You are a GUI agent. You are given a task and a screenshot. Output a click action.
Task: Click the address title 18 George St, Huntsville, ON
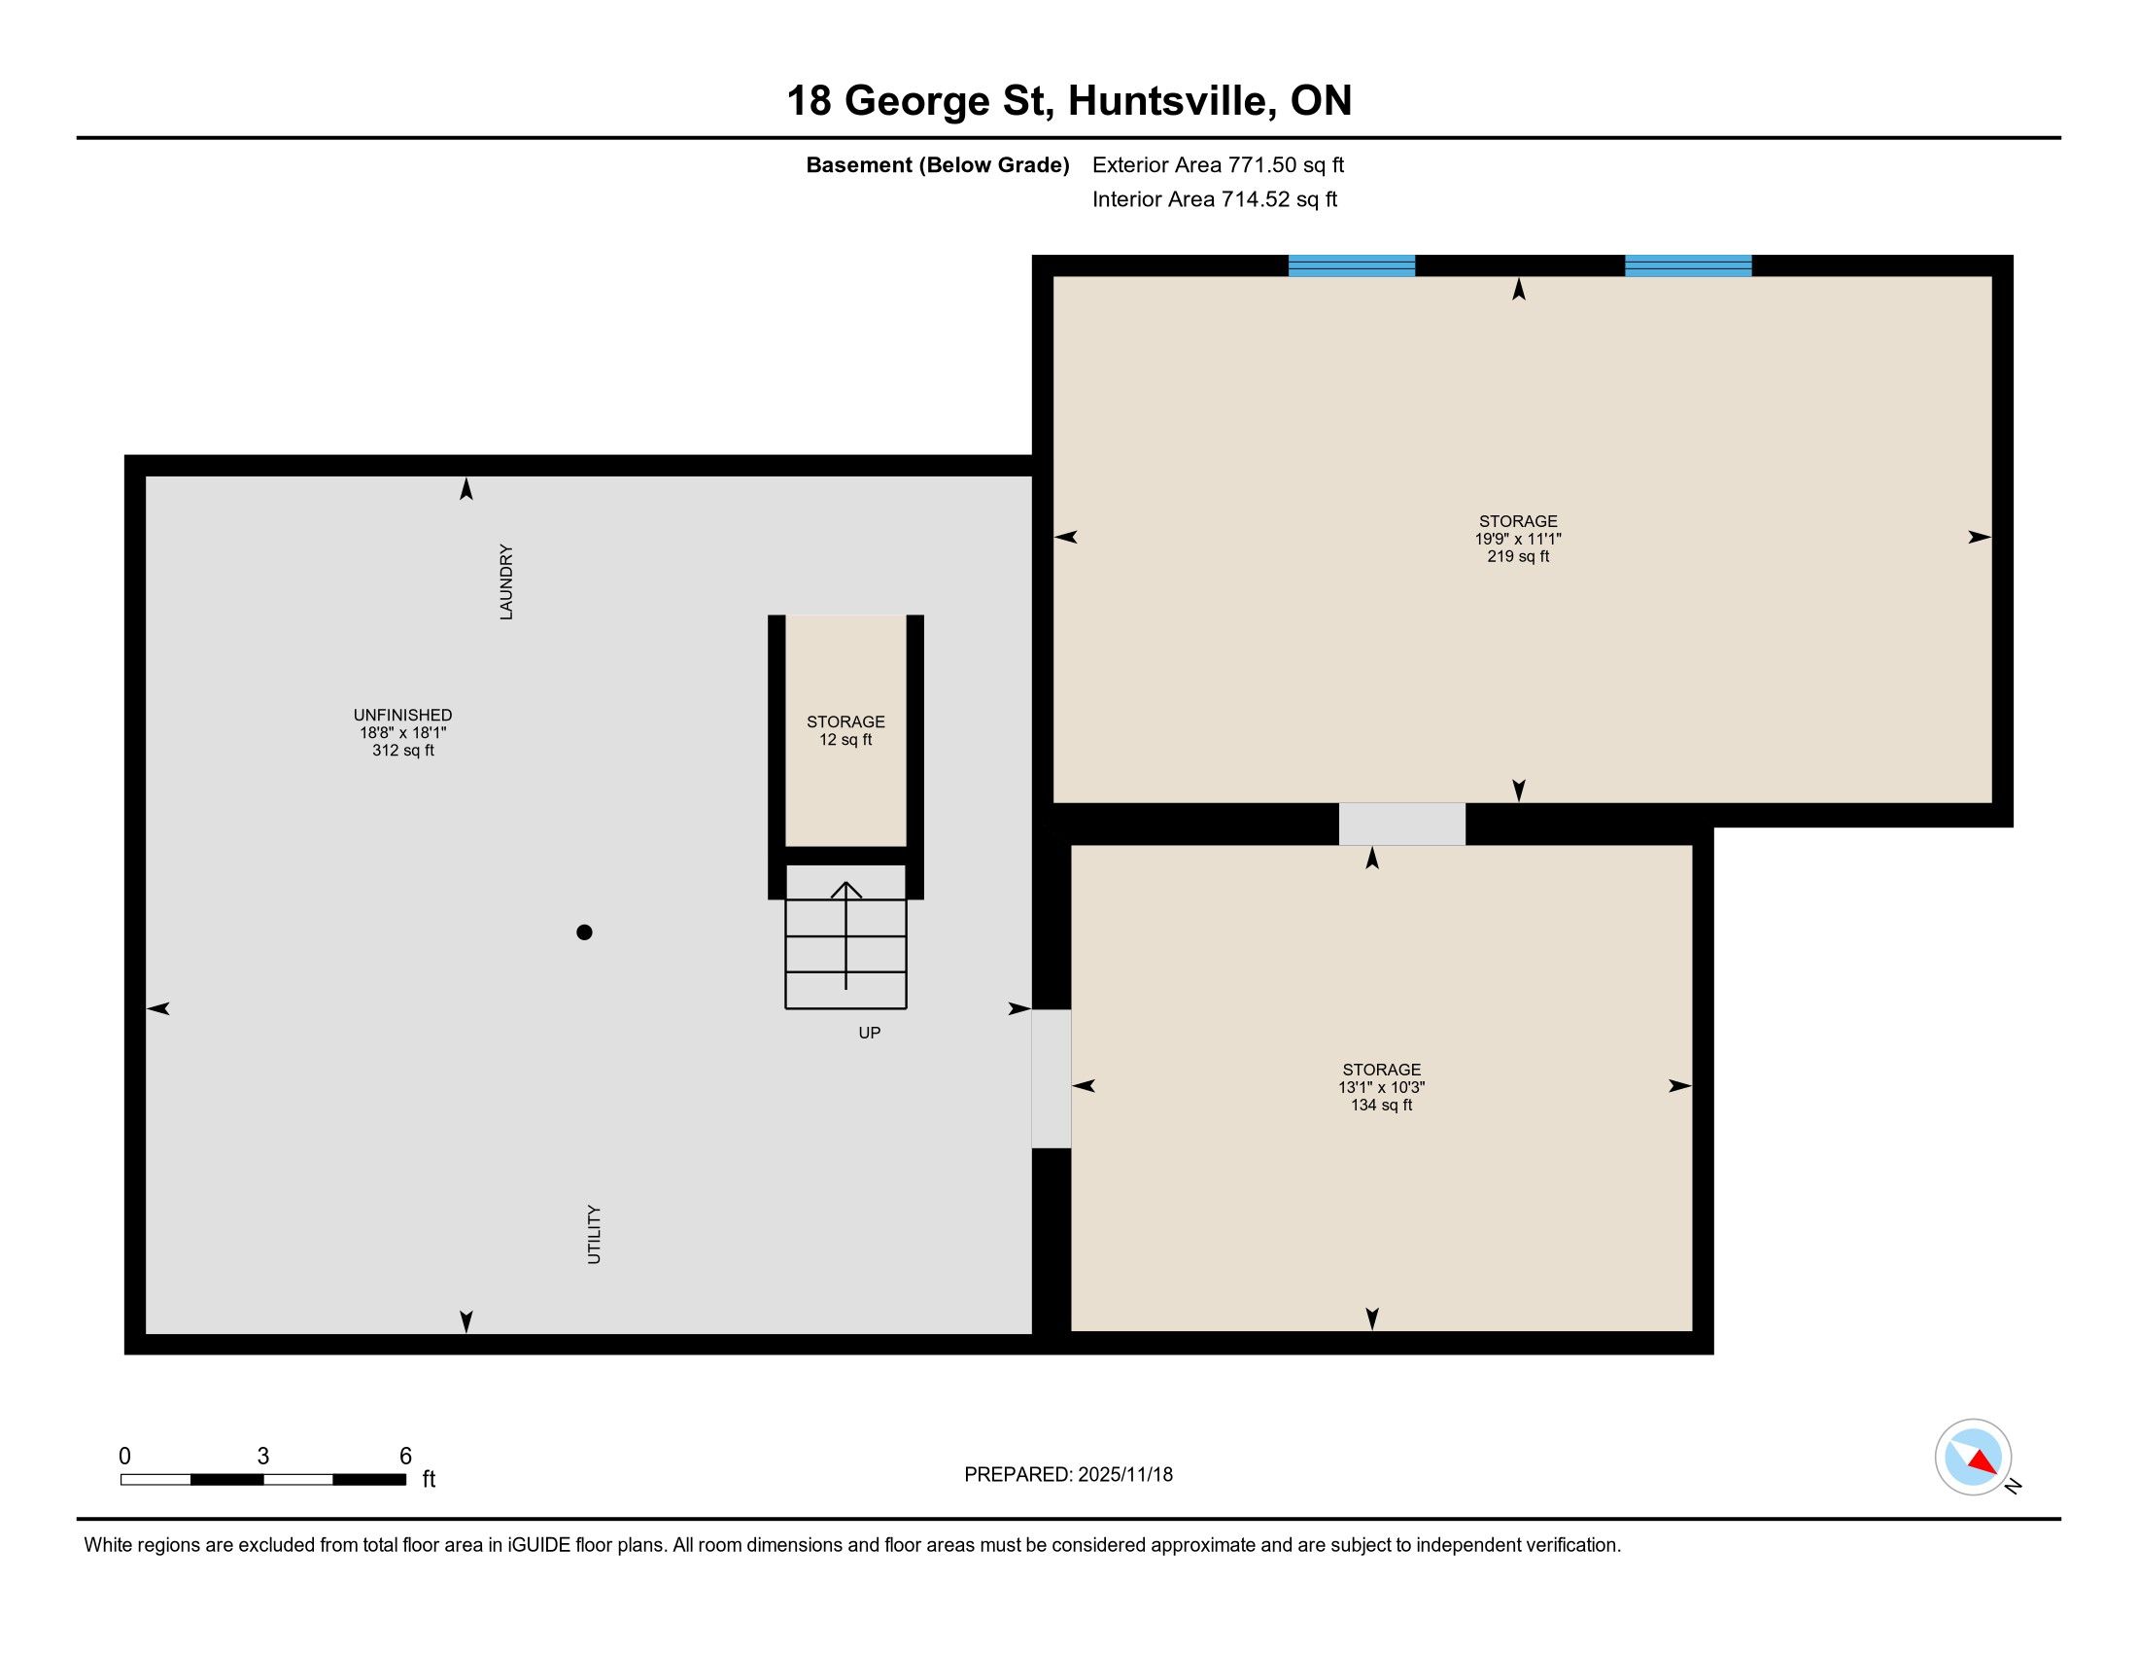(1069, 101)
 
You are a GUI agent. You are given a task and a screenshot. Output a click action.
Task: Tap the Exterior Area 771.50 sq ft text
(1218, 165)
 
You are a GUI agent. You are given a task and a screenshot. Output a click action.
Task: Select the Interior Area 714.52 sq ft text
(1214, 199)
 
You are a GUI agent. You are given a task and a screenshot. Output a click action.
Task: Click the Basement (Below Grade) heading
(937, 165)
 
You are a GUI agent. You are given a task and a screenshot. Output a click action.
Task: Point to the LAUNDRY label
(506, 581)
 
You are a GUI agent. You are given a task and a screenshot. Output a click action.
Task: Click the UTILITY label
(594, 1234)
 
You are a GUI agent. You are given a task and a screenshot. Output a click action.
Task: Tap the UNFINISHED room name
(402, 716)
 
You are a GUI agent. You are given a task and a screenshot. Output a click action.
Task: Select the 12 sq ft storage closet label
(845, 740)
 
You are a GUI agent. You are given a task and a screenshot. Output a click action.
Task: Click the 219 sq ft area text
(1518, 557)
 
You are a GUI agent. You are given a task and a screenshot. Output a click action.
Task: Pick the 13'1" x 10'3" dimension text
(1381, 1088)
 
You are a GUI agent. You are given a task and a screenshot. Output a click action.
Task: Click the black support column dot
(584, 932)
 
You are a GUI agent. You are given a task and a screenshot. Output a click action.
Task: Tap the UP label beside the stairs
(870, 1033)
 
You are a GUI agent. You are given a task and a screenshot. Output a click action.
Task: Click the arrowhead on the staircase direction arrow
(845, 889)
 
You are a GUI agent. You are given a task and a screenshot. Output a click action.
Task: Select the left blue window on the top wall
(1351, 265)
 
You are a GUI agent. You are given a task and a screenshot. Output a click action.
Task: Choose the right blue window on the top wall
(1689, 265)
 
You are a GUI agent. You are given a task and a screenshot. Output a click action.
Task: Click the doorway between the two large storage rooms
(1401, 824)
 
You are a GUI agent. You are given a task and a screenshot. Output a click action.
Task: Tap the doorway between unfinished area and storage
(1052, 1078)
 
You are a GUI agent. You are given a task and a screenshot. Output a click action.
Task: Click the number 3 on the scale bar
(262, 1457)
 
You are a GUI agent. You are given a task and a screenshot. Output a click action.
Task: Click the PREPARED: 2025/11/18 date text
(1068, 1475)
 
